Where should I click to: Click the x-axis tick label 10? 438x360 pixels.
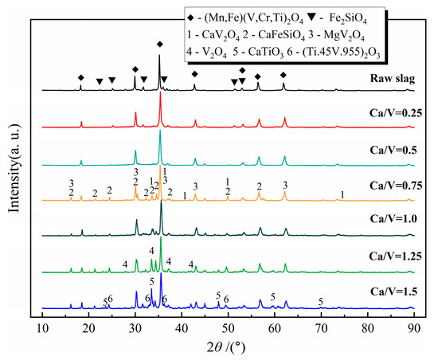tap(42, 326)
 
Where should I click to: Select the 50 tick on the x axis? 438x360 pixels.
tap(228, 326)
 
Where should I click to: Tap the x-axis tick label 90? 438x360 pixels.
tap(413, 326)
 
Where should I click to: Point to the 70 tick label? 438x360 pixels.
tap(321, 326)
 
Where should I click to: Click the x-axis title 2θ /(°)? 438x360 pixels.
tap(228, 346)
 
